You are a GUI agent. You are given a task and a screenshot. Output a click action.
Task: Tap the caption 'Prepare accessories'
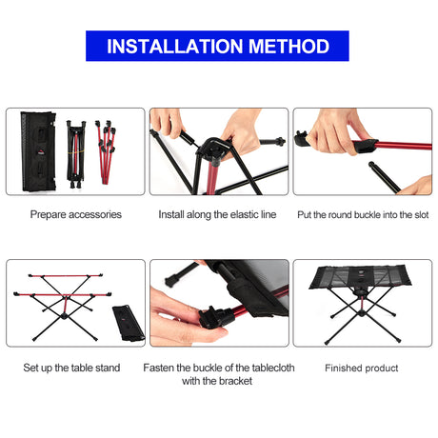[x=76, y=214]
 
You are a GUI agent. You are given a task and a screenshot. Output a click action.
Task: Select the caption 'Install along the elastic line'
[x=218, y=214]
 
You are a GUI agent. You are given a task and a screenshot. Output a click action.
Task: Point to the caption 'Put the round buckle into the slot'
[x=362, y=214]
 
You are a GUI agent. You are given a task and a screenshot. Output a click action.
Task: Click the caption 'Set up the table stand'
[x=72, y=368]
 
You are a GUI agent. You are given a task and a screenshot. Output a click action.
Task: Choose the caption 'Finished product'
[x=362, y=368]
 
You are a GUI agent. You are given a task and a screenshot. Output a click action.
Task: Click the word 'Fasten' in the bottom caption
[x=161, y=367]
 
